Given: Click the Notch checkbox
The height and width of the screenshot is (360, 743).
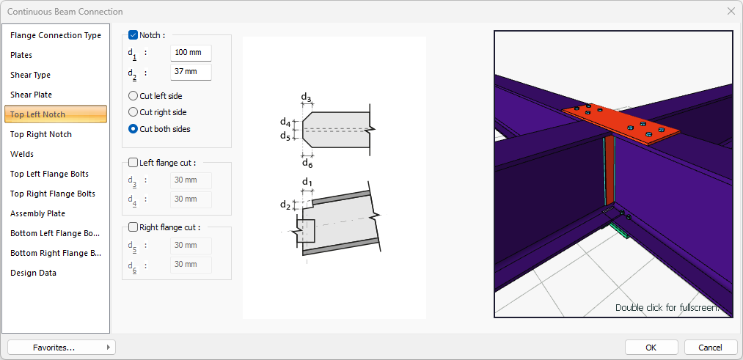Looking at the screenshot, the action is click(x=133, y=35).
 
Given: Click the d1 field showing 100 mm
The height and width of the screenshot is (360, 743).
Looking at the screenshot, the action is click(x=191, y=53).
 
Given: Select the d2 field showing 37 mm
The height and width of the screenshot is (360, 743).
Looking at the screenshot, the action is click(x=191, y=73).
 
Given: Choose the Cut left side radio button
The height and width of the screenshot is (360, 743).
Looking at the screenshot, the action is click(x=133, y=96).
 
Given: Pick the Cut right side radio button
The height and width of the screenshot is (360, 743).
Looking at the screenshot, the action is click(x=133, y=113).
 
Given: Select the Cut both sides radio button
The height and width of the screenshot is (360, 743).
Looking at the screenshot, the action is click(x=133, y=129).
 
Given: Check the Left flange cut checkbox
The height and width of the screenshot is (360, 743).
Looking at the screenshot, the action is click(x=133, y=163).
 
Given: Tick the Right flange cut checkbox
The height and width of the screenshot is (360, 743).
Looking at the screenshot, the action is click(x=133, y=227).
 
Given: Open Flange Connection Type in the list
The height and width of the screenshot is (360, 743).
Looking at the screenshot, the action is click(x=56, y=35).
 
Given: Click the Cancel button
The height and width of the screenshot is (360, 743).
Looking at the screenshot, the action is click(x=710, y=348).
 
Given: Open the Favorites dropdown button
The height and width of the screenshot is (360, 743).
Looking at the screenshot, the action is click(x=62, y=348).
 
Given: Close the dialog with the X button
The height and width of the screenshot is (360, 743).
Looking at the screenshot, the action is click(x=732, y=12).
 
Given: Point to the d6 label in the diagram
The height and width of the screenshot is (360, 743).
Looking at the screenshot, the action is click(x=307, y=164).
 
